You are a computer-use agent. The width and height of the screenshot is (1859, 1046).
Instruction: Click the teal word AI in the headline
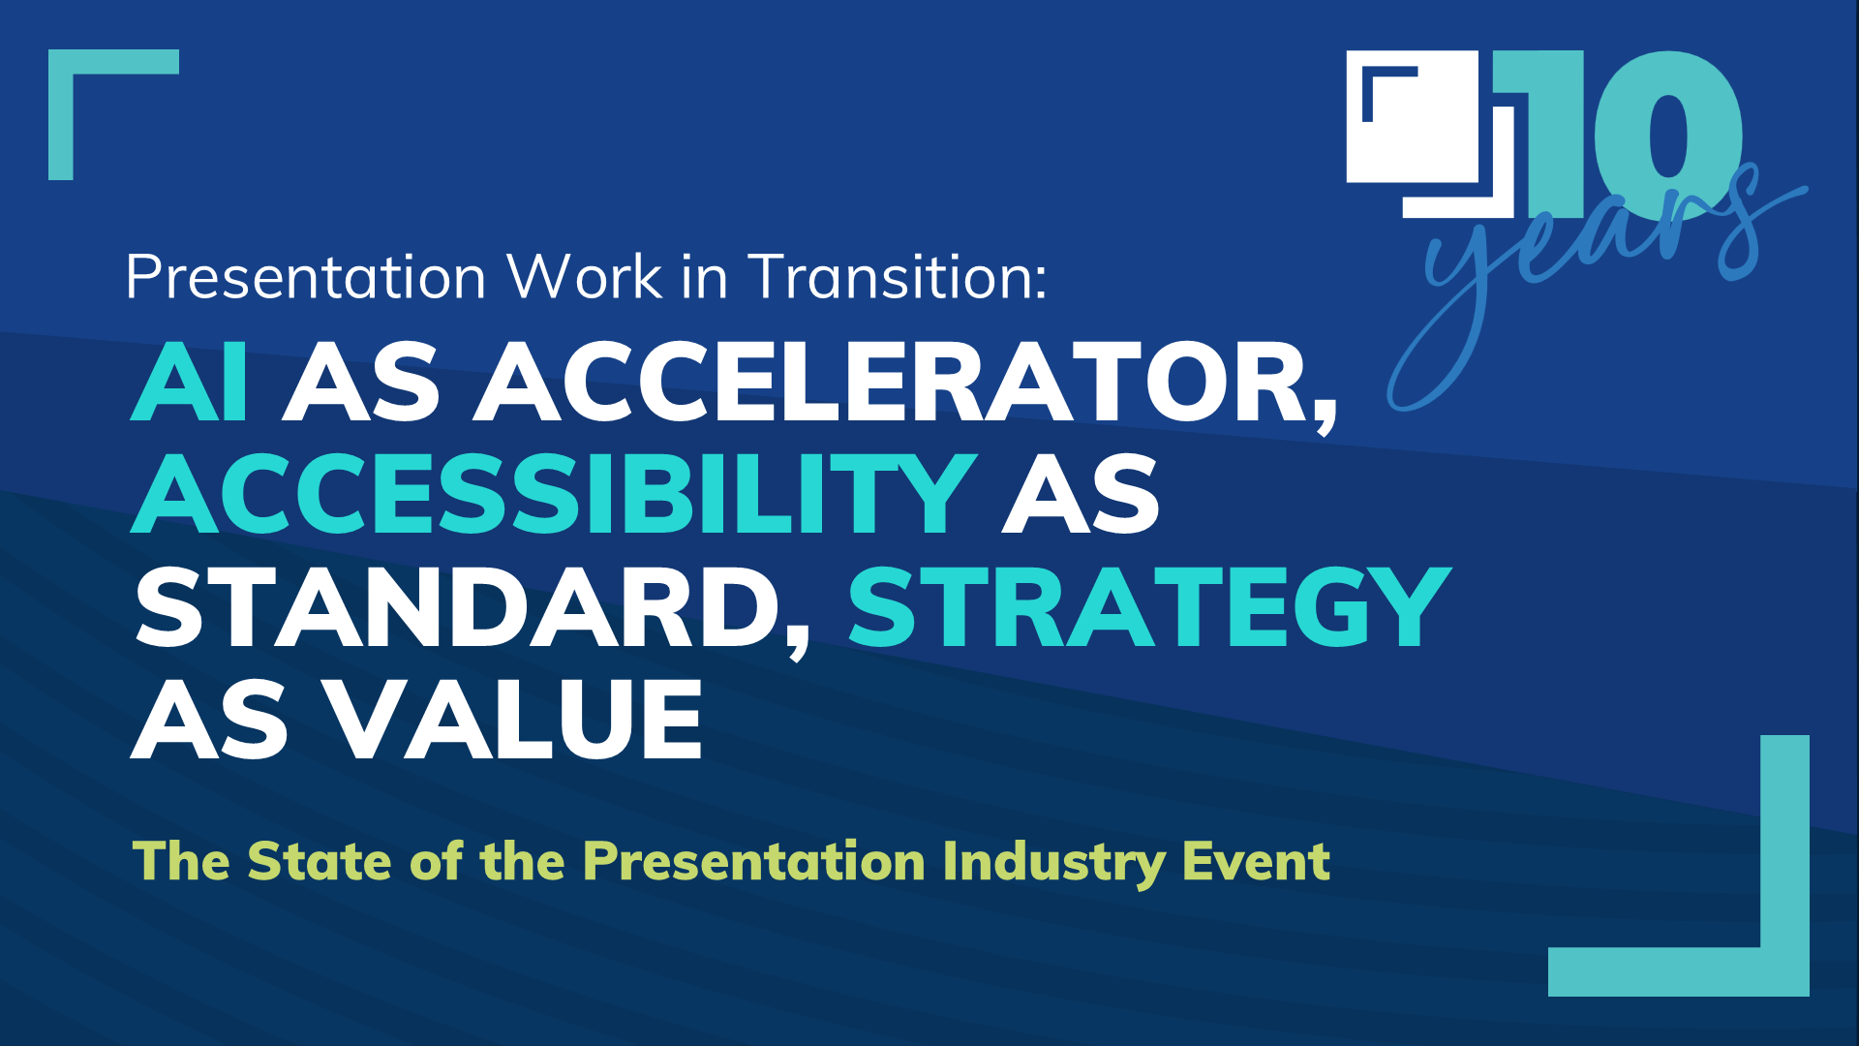(190, 384)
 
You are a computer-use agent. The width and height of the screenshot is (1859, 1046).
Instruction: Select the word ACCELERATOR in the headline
(905, 384)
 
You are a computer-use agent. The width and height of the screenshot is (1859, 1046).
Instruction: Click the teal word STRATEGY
(1149, 608)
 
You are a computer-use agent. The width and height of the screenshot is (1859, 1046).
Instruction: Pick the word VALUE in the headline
(512, 721)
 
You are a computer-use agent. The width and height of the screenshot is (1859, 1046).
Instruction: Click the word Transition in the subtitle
(897, 278)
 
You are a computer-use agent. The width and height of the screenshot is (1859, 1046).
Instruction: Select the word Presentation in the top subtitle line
(306, 278)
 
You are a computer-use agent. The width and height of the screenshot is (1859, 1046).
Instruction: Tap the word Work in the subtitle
(585, 278)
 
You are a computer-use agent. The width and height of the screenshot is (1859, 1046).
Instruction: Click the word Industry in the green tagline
(1053, 861)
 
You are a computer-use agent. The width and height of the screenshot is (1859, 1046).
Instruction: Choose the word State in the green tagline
(320, 861)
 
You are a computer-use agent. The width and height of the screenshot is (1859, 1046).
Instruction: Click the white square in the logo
(1423, 136)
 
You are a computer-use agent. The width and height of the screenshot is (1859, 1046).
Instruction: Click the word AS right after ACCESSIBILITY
(1081, 495)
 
